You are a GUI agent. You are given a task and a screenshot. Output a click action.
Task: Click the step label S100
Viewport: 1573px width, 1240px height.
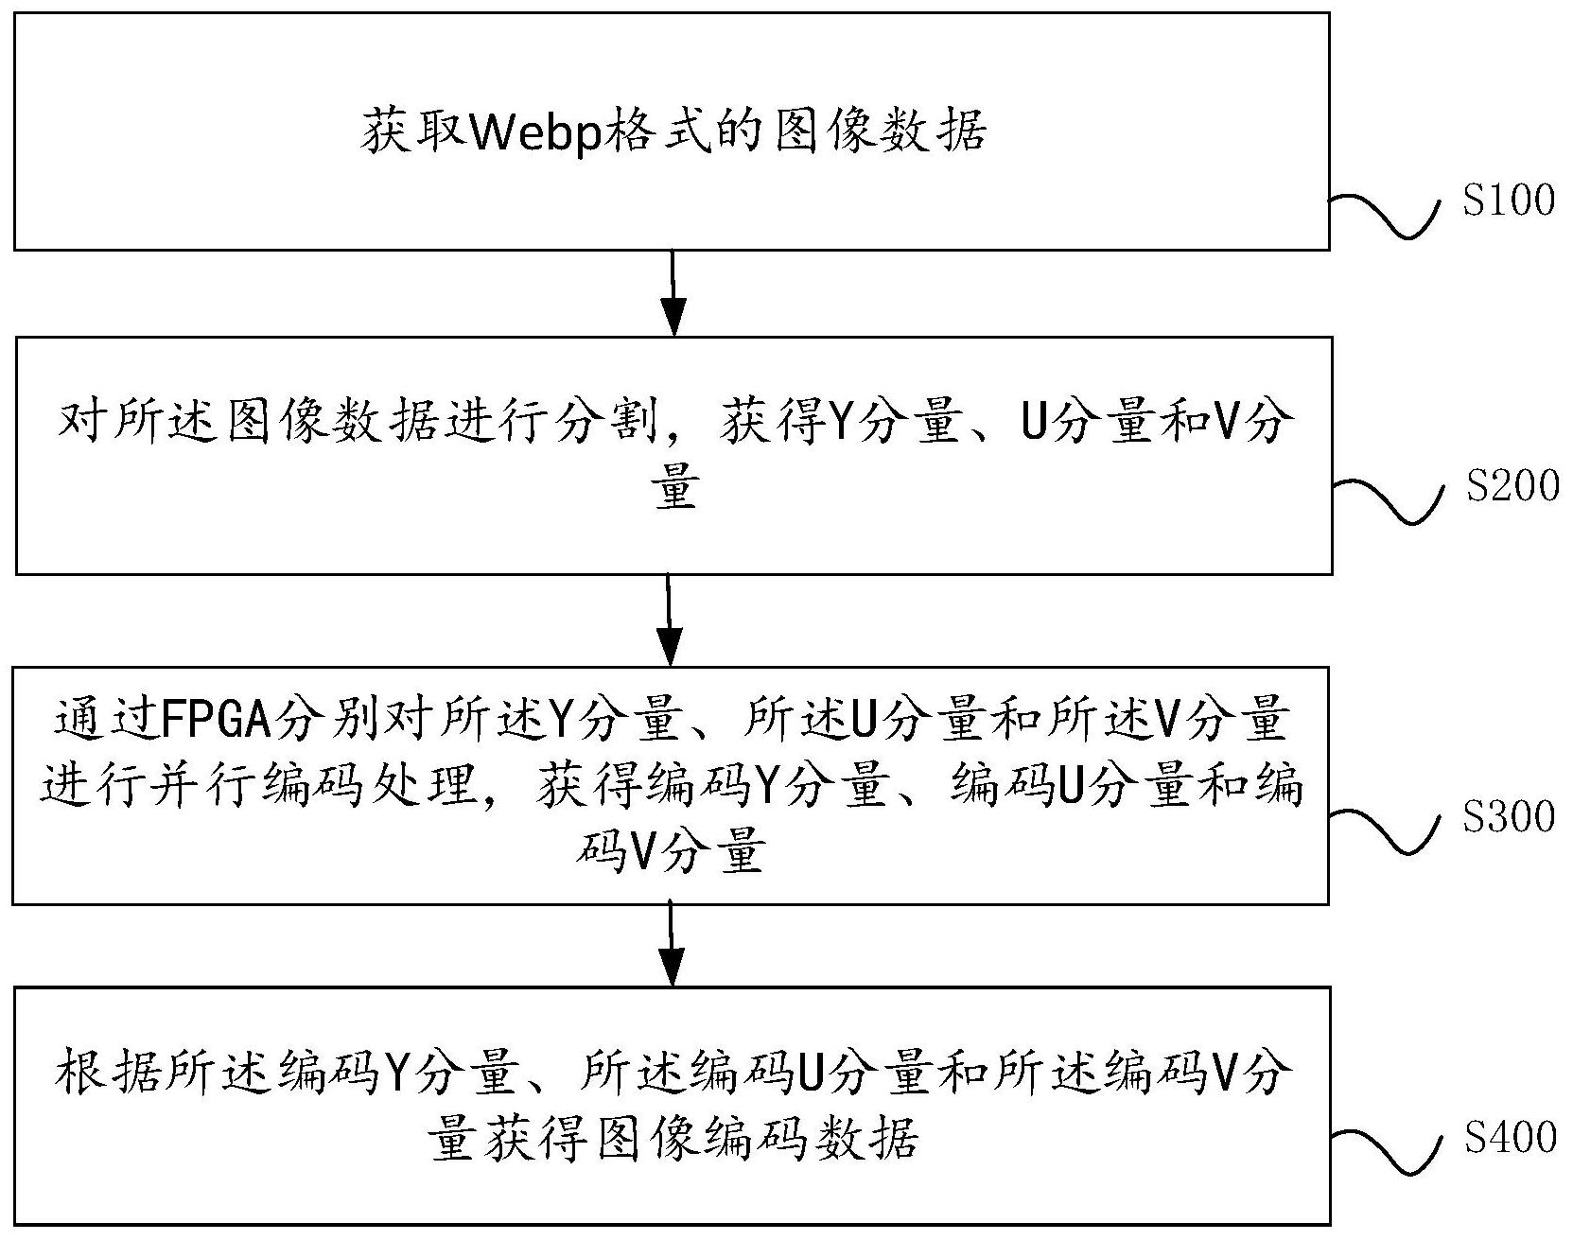pyautogui.click(x=1508, y=201)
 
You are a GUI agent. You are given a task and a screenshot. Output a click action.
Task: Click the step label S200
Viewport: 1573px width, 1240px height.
pyautogui.click(x=1512, y=485)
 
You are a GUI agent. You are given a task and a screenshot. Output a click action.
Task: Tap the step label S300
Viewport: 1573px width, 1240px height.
pyautogui.click(x=1509, y=816)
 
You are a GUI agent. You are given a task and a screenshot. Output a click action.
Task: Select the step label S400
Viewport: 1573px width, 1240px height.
pyautogui.click(x=1511, y=1137)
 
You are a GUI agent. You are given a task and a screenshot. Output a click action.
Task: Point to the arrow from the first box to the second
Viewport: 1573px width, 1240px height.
pyautogui.click(x=673, y=292)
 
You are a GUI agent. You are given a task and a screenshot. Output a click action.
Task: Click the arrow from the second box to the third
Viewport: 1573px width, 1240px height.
pyautogui.click(x=670, y=620)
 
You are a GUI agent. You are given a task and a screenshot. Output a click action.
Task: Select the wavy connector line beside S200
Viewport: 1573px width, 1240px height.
pyautogui.click(x=1387, y=499)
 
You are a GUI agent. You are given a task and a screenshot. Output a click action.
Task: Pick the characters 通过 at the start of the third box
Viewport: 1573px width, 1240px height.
pyautogui.click(x=104, y=721)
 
